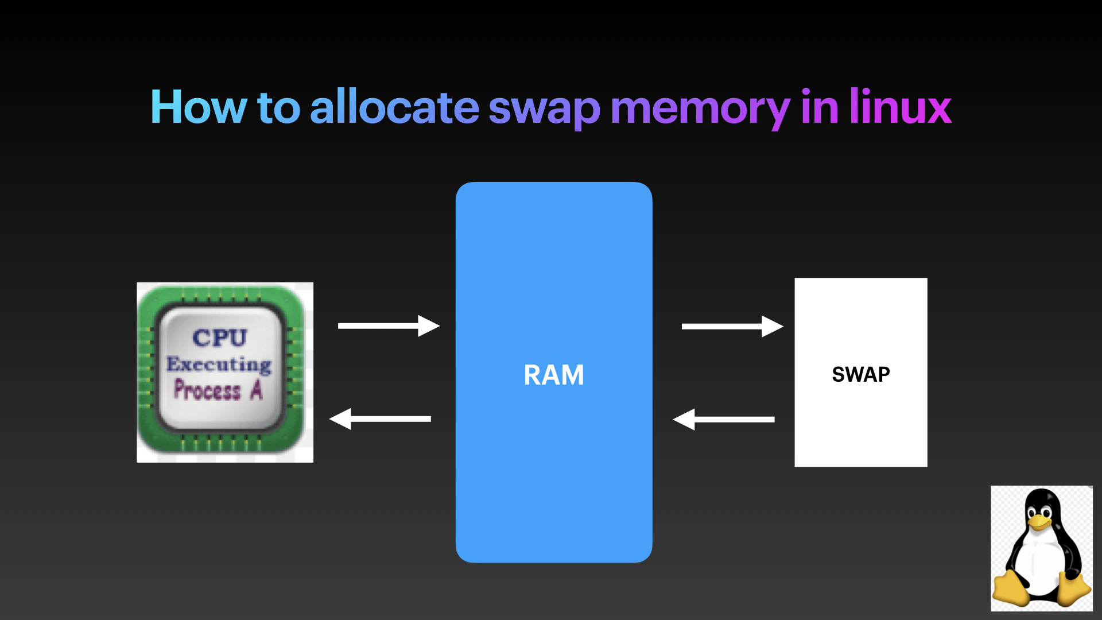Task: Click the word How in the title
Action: coord(198,107)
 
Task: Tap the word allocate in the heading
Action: coord(394,107)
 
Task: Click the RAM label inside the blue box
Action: coord(554,375)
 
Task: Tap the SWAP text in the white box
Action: coord(860,375)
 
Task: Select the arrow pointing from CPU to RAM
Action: coord(389,325)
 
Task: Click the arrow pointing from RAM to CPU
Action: coord(380,419)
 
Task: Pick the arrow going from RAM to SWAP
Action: coord(732,326)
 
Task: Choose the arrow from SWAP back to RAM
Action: coord(724,420)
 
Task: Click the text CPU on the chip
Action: coord(220,338)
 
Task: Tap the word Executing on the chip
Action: coord(219,364)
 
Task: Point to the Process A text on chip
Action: coord(218,390)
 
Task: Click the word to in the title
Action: coord(279,107)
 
